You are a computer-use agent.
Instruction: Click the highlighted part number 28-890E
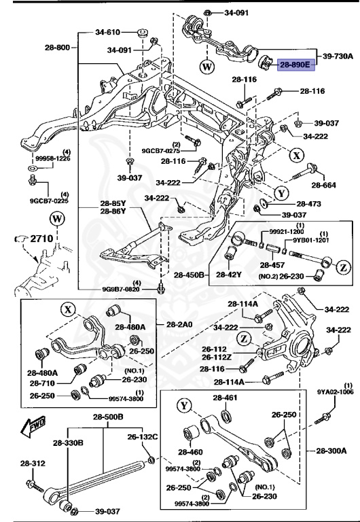(x=295, y=65)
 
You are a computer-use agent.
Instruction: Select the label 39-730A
(x=337, y=56)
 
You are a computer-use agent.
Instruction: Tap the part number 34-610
(x=107, y=32)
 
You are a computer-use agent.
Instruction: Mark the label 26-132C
(x=144, y=436)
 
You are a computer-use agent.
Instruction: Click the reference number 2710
(x=43, y=239)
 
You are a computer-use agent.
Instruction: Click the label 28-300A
(x=331, y=450)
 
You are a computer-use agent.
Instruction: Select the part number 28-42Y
(x=230, y=275)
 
